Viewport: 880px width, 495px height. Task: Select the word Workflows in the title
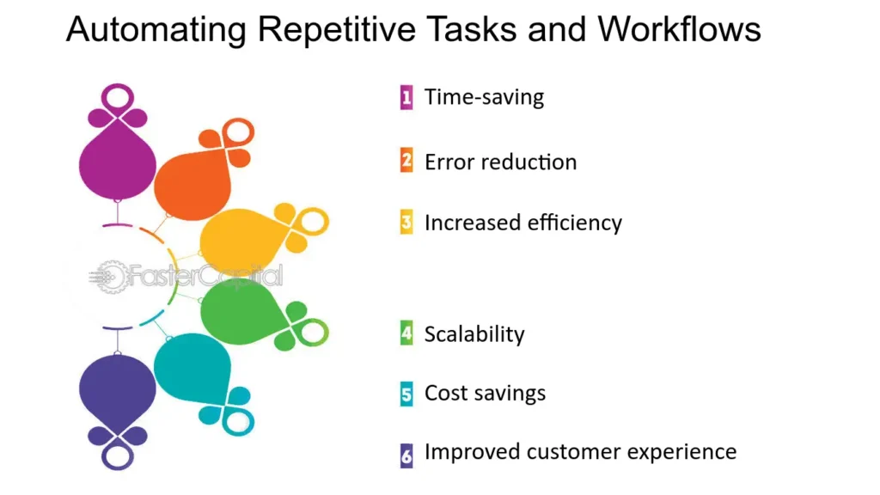point(679,28)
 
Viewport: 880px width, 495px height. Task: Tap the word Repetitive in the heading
point(337,30)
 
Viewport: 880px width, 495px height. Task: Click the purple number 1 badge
point(406,98)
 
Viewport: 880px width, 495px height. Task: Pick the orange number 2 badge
point(406,161)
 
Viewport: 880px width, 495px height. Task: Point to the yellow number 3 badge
point(406,223)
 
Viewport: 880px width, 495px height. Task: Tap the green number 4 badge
point(406,333)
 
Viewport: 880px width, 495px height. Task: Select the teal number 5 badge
point(406,394)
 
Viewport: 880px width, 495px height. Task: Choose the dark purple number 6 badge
point(406,455)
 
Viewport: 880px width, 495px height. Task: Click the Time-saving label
point(484,98)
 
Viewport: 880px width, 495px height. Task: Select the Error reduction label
point(501,162)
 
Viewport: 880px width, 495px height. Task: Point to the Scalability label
point(474,334)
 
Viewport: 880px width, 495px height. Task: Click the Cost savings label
point(485,393)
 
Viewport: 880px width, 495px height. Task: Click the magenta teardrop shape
point(117,162)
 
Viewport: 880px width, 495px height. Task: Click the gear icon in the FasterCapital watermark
point(112,277)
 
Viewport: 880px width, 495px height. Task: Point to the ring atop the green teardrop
point(313,333)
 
